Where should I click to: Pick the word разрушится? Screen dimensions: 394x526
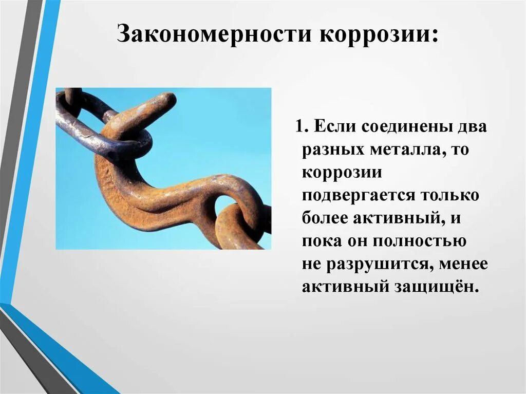[374, 264]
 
